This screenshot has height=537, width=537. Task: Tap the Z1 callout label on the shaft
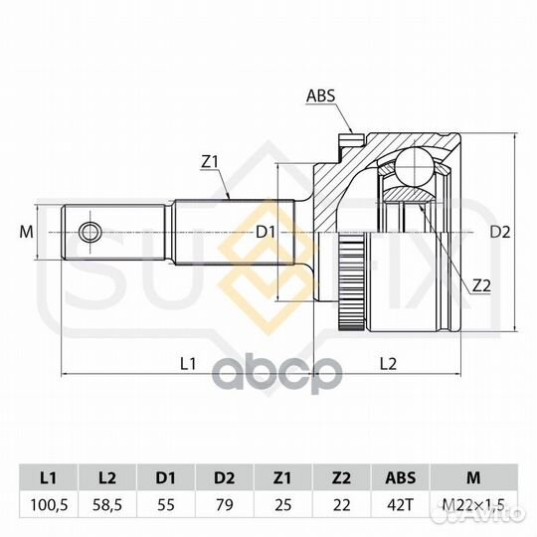(x=210, y=162)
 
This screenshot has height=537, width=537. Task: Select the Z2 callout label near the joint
(x=481, y=286)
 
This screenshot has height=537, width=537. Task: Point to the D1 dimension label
(x=265, y=233)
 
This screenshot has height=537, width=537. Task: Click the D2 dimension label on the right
(x=499, y=233)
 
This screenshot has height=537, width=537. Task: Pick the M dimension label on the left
(x=27, y=233)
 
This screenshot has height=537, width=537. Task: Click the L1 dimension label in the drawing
(x=188, y=363)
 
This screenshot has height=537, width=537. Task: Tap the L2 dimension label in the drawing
(x=389, y=363)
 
